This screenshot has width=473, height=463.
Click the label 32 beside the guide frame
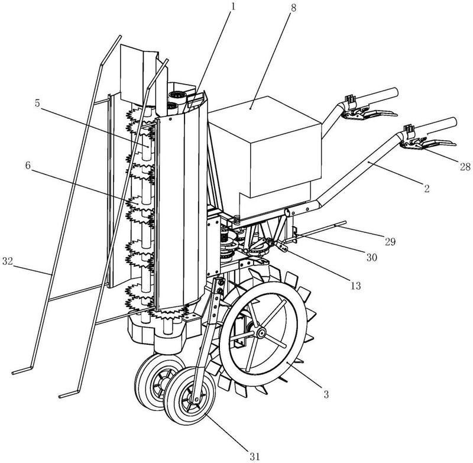10,260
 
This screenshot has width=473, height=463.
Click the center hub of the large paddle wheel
260,334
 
